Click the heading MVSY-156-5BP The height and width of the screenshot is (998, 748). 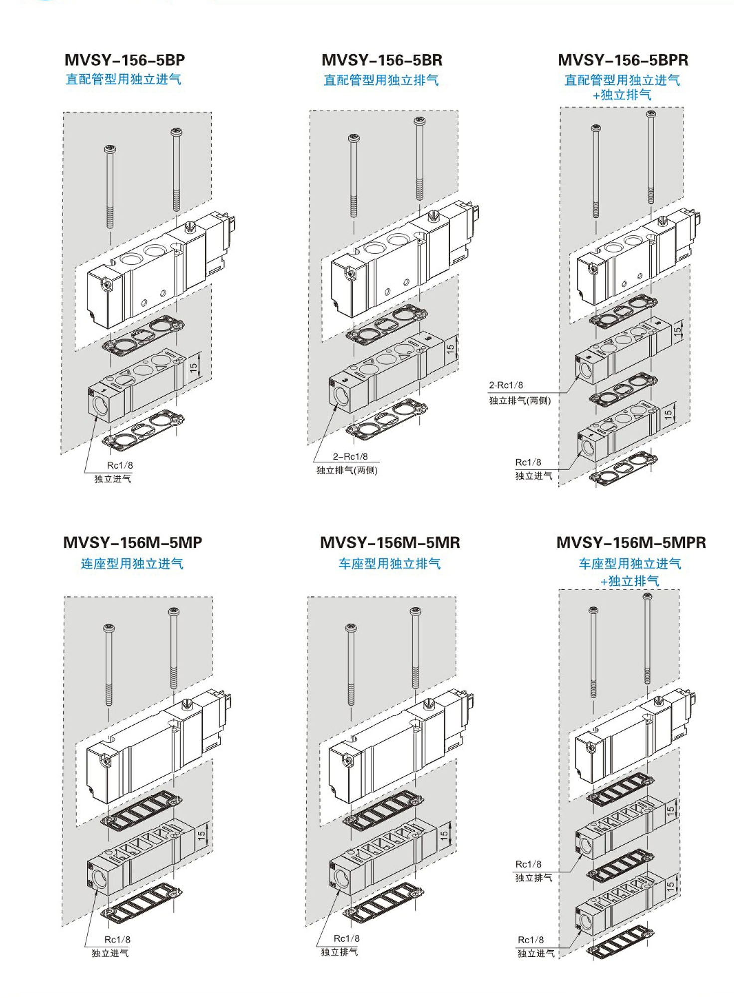pyautogui.click(x=125, y=60)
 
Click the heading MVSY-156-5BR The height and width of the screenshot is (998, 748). pyautogui.click(x=382, y=60)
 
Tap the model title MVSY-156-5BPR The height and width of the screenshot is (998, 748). pyautogui.click(x=623, y=60)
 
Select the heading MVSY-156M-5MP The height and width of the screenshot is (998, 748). pyautogui.click(x=133, y=542)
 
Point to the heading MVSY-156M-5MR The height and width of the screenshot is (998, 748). pyautogui.click(x=390, y=542)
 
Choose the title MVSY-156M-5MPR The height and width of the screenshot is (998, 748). pyautogui.click(x=631, y=542)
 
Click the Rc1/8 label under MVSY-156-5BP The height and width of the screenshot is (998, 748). pyautogui.click(x=120, y=465)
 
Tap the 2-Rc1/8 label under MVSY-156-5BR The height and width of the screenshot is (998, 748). pyautogui.click(x=350, y=456)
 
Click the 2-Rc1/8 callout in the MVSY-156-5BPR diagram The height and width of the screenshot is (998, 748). pyautogui.click(x=506, y=385)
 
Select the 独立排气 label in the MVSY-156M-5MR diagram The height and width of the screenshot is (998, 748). pyautogui.click(x=339, y=952)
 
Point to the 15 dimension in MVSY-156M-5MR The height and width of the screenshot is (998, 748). pyautogui.click(x=444, y=834)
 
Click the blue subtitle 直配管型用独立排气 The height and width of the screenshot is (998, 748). pyautogui.click(x=381, y=80)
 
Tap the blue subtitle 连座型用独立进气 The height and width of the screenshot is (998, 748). pyautogui.click(x=132, y=564)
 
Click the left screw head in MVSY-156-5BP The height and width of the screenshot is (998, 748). pyautogui.click(x=110, y=149)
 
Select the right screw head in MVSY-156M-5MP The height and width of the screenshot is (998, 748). pyautogui.click(x=174, y=611)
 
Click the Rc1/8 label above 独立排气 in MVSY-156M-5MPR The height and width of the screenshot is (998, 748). pyautogui.click(x=528, y=864)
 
